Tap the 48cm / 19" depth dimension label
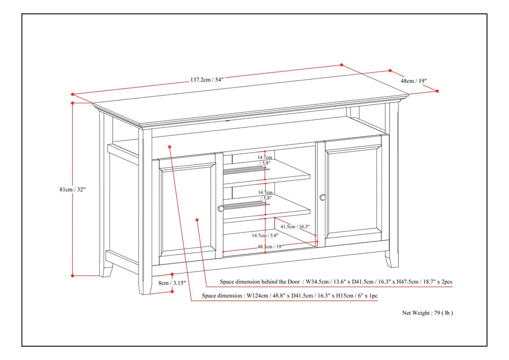(x=414, y=81)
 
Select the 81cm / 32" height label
(x=72, y=189)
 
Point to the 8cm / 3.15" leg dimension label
(x=171, y=283)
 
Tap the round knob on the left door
(x=221, y=208)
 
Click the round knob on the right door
(x=323, y=197)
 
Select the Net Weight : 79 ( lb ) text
(x=427, y=312)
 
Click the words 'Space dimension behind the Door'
(x=261, y=282)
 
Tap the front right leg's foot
(x=393, y=260)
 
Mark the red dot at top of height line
(x=73, y=103)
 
